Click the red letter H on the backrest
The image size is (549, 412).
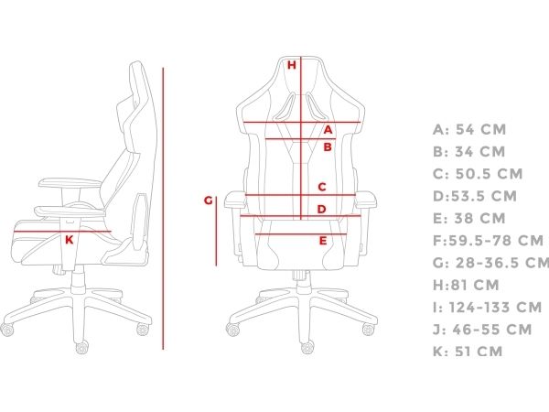292,65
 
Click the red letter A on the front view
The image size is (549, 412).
328,130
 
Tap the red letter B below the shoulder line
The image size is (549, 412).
328,146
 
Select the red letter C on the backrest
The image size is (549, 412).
322,187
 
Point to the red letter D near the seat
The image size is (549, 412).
321,209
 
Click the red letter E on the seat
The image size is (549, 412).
323,241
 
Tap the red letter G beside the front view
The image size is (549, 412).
209,201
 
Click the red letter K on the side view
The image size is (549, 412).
70,240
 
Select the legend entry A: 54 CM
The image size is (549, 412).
469,130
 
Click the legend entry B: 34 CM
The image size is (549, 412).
469,152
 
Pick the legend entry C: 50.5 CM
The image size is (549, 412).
478,174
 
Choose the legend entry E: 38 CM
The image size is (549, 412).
469,218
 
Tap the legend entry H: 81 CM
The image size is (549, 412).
466,285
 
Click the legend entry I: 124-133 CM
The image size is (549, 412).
488,308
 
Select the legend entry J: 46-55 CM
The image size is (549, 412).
482,330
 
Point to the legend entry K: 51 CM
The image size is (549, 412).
468,352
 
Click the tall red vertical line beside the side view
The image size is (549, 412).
163,209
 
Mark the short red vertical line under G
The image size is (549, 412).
216,232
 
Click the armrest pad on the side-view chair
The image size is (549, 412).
70,183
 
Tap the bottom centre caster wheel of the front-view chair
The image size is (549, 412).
307,347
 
